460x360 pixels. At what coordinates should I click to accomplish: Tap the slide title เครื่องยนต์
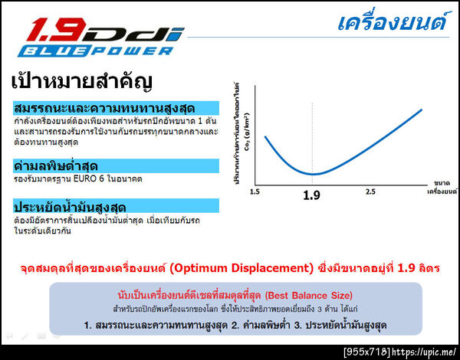[392, 21]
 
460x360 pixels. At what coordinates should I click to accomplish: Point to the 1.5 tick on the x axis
[255, 191]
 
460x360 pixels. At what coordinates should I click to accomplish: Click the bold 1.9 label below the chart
[311, 196]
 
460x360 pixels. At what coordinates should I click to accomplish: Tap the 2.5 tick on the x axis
[370, 191]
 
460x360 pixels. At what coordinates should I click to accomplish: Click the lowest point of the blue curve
[313, 175]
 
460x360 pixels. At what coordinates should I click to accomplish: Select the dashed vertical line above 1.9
[312, 138]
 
